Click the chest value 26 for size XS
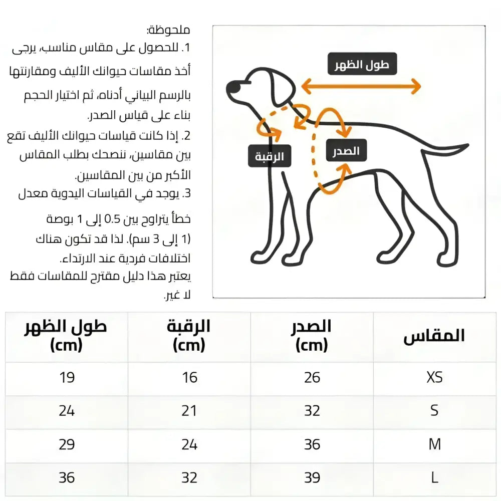click(312, 377)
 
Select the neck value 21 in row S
click(189, 411)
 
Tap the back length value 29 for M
click(67, 444)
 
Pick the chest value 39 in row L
click(312, 477)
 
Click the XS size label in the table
click(434, 377)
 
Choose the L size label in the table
click(434, 477)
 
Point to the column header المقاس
click(434, 336)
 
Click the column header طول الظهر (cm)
click(66, 336)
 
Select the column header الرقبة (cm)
click(189, 336)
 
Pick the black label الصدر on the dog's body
click(346, 151)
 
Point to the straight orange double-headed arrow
click(361, 87)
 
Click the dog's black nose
click(232, 88)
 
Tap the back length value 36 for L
click(67, 477)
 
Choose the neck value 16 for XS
click(189, 377)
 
